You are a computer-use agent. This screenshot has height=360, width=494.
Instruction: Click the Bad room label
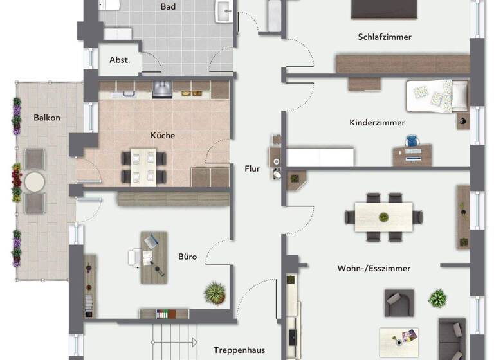pos(168,7)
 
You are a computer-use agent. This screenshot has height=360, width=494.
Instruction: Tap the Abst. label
pos(120,60)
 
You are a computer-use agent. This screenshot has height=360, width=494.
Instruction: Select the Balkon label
pos(46,118)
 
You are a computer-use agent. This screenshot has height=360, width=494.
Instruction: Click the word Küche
pos(163,136)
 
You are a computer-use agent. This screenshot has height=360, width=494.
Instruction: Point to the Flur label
pos(252,169)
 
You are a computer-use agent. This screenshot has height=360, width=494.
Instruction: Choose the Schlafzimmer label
pos(385,37)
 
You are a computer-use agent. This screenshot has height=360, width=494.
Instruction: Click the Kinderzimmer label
pos(377,122)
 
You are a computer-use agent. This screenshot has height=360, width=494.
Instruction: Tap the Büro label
pos(187,257)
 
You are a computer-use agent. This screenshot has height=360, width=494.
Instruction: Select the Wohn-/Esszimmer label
pos(374,268)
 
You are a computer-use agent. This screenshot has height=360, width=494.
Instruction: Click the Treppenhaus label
pos(239,350)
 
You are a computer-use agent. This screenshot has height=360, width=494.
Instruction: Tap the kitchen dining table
pos(143,166)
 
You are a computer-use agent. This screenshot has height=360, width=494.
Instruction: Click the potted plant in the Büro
pos(214,293)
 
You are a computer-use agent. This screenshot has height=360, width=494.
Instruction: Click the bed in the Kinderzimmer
pos(437,96)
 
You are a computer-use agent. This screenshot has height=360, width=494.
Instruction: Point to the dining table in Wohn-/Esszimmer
pos(383,217)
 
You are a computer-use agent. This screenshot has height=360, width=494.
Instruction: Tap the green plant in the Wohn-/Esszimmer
pos(438,298)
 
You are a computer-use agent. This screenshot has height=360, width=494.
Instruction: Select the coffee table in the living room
pos(399,339)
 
